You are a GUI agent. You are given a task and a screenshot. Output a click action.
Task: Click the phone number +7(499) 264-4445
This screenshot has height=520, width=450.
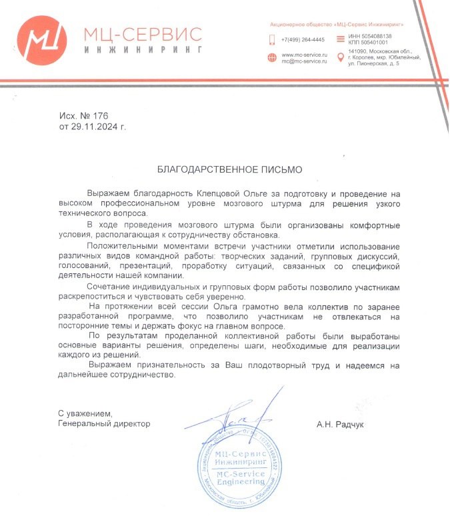point(303,39)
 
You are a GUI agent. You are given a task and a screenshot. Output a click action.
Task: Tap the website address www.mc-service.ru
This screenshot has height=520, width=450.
point(305,54)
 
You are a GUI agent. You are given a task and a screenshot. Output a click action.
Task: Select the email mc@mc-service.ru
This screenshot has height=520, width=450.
point(304,61)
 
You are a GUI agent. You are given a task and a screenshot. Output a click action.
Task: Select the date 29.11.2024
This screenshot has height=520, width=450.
point(95,125)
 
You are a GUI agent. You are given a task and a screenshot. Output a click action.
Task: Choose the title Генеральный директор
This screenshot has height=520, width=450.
point(104,423)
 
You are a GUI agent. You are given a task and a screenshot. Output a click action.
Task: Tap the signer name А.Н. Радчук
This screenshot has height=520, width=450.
point(342,424)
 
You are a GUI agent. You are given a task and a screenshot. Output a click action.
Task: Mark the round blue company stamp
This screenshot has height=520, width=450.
point(237,471)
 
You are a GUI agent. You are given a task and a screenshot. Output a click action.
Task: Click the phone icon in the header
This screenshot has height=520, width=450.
point(272,39)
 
